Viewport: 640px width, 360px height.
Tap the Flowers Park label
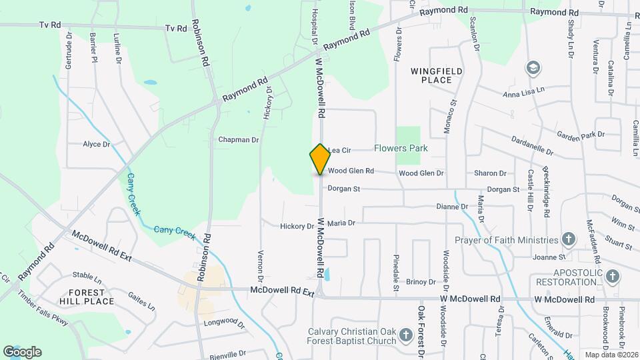click(x=401, y=148)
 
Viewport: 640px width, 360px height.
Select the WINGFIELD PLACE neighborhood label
click(x=437, y=75)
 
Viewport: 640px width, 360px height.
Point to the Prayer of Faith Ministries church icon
click(x=569, y=239)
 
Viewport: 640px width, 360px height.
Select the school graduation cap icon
click(x=533, y=67)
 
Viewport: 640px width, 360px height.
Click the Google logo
click(x=22, y=352)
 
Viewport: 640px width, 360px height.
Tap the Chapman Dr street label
click(x=238, y=140)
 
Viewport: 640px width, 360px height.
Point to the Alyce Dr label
click(x=96, y=144)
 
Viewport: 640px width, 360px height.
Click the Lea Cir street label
click(x=339, y=150)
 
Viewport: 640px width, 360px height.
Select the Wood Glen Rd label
click(x=351, y=171)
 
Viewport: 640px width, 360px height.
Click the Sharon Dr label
click(x=490, y=173)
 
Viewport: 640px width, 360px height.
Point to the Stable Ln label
click(x=87, y=275)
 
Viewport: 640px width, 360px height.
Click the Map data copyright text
click(x=611, y=355)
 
